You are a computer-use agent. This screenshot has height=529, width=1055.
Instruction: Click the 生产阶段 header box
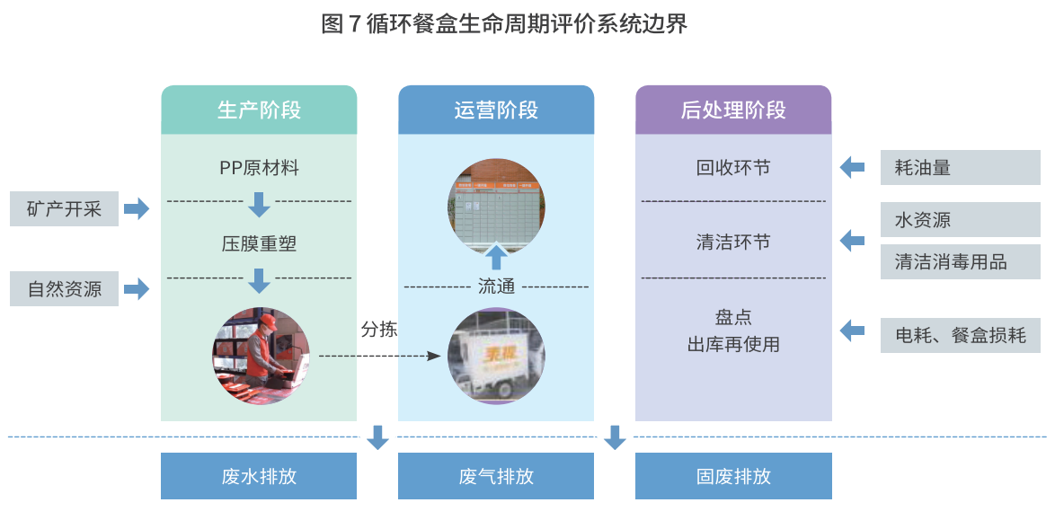click(x=259, y=110)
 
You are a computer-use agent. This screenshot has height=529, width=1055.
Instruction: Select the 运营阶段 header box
click(x=496, y=110)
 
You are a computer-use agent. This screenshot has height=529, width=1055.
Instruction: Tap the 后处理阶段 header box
click(x=733, y=110)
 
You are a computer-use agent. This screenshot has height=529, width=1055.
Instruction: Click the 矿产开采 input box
click(x=64, y=209)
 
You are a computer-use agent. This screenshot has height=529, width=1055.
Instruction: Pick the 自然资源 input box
click(x=64, y=289)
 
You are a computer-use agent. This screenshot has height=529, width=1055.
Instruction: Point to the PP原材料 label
click(x=259, y=168)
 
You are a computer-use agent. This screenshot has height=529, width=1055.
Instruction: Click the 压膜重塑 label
click(x=259, y=243)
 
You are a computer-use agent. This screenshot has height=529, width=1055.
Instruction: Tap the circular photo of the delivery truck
click(x=496, y=356)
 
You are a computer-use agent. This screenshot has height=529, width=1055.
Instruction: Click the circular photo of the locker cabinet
click(x=496, y=206)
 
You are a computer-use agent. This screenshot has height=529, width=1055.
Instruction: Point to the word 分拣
click(x=378, y=329)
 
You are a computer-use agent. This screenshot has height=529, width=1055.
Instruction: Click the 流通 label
click(x=496, y=287)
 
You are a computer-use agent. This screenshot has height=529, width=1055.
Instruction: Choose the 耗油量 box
click(x=960, y=168)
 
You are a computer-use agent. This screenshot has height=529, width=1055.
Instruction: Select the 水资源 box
click(x=960, y=220)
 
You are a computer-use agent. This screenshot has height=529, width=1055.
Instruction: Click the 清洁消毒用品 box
click(x=960, y=261)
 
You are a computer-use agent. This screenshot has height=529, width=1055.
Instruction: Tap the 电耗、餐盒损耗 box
click(x=960, y=335)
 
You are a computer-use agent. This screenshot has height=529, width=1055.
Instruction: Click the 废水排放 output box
click(x=259, y=476)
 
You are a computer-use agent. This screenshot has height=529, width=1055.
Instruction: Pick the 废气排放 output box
click(x=496, y=476)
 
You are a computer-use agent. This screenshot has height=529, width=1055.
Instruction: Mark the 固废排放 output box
click(x=733, y=476)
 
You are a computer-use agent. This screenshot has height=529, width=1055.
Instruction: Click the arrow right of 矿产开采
click(x=137, y=209)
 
